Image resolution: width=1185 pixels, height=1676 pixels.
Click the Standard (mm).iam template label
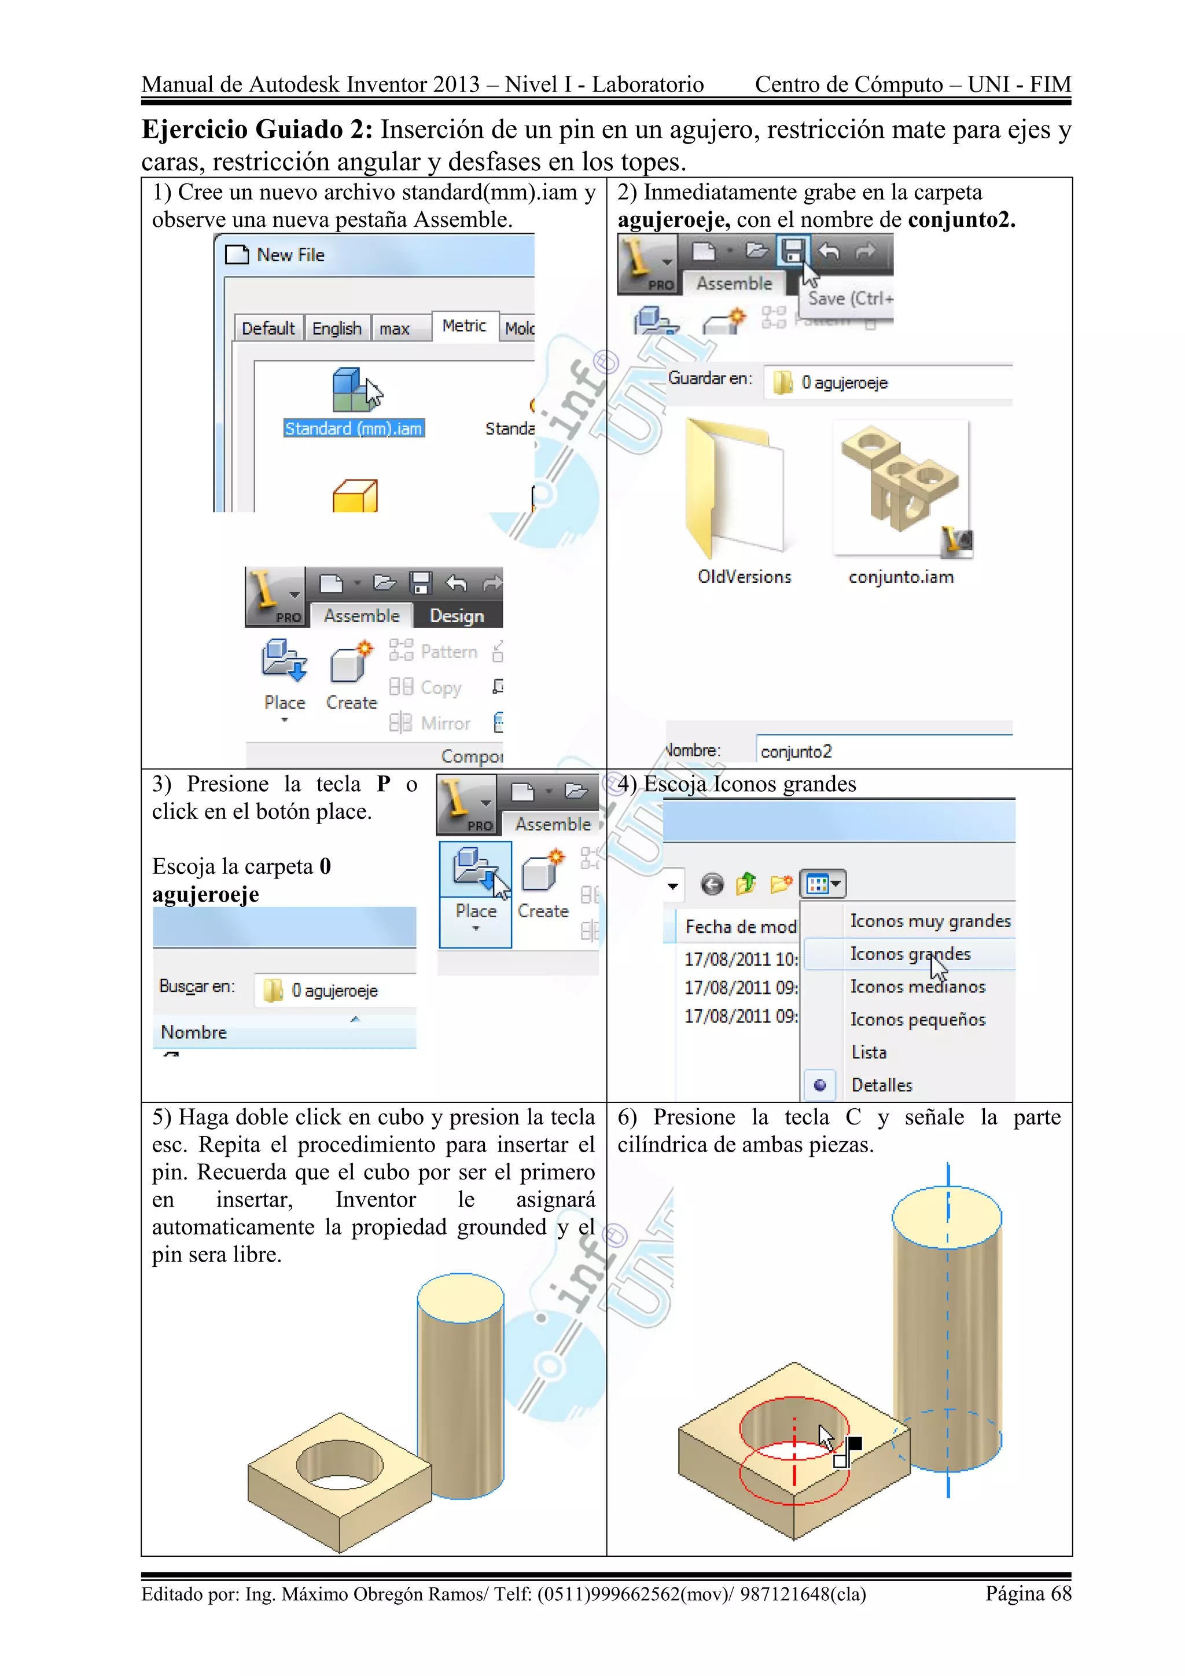[354, 428]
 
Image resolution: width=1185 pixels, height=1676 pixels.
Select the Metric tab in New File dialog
[464, 326]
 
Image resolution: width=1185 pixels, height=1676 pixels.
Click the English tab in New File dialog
[336, 329]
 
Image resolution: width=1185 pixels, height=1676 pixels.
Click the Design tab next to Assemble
[457, 616]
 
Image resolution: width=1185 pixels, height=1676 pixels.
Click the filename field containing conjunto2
[883, 751]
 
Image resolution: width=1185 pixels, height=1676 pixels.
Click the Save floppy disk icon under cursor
[793, 251]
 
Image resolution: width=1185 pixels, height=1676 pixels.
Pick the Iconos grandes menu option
[910, 954]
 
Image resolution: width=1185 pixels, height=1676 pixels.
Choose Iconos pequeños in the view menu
[917, 1020]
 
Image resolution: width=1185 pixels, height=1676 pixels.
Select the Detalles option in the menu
[881, 1086]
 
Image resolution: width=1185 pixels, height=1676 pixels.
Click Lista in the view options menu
[868, 1053]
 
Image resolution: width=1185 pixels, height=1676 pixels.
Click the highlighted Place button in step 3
[476, 893]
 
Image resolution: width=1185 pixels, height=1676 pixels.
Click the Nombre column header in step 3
[194, 1032]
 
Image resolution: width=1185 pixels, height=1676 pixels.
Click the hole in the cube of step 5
[339, 1464]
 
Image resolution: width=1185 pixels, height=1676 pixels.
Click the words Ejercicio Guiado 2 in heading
[257, 129]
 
